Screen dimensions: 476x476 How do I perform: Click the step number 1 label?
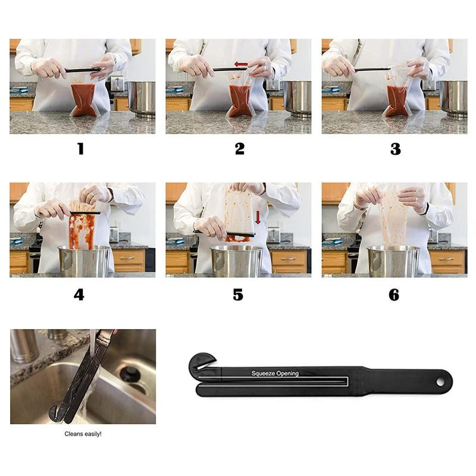tap(80, 149)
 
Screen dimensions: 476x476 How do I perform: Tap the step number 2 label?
tap(240, 149)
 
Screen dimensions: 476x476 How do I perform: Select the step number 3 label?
tap(395, 149)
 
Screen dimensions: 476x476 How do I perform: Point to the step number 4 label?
tap(79, 295)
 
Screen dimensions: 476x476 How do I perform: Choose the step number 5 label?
tap(237, 295)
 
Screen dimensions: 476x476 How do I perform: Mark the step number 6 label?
tap(394, 295)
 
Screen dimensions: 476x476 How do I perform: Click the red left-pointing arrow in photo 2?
tap(241, 64)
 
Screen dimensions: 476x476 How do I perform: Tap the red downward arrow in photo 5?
tap(258, 218)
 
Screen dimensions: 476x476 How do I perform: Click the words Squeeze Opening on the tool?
tap(275, 374)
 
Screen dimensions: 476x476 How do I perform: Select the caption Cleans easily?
tap(83, 434)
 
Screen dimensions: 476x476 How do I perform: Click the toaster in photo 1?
tap(117, 83)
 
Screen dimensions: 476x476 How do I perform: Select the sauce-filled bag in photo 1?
tap(83, 100)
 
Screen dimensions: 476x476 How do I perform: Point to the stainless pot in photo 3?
tap(453, 98)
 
